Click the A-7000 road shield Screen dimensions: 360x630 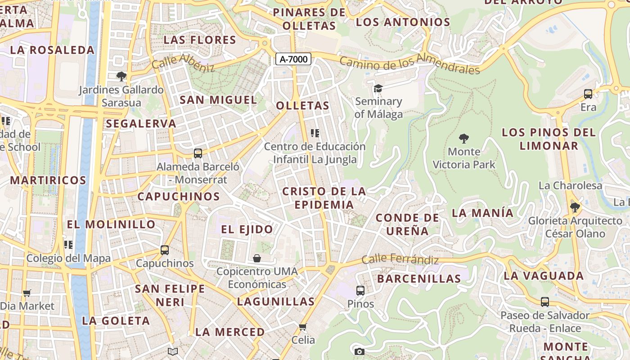pos(293,59)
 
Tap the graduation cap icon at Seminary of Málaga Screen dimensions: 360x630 pos(378,88)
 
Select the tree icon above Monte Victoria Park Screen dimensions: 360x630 pos(463,138)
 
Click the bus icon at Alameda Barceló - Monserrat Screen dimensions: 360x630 pos(198,153)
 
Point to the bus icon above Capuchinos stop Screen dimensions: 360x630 pos(165,250)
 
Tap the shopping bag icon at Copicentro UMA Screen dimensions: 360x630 pos(257,258)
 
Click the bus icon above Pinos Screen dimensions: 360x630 pos(360,290)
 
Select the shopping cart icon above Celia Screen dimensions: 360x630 pos(303,327)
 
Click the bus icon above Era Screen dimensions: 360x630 pos(588,94)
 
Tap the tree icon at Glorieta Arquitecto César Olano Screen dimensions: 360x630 pos(575,207)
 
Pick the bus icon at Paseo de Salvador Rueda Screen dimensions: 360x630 pos(545,301)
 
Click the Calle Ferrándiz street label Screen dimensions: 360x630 pos(400,259)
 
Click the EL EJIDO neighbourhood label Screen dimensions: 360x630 pos(247,229)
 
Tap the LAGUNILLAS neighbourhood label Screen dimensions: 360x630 pos(276,301)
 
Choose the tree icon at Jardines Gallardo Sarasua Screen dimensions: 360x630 pos(121,76)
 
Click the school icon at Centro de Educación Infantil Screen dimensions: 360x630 pos(315,133)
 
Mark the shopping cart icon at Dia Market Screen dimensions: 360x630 pos(27,293)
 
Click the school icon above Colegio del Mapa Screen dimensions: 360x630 pos(68,245)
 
